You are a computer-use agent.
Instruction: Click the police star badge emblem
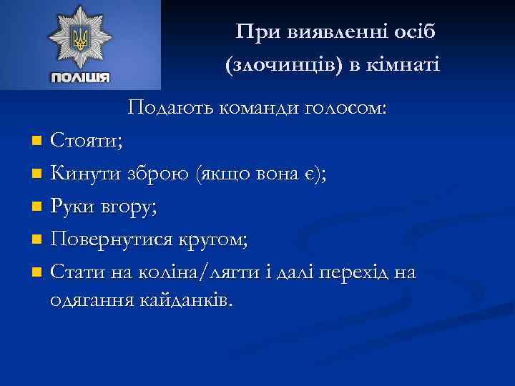pyautogui.click(x=80, y=38)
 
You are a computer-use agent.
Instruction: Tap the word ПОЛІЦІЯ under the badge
pyautogui.click(x=80, y=77)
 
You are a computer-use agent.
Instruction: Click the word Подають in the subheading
pyautogui.click(x=167, y=109)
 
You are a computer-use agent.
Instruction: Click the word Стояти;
pyautogui.click(x=86, y=140)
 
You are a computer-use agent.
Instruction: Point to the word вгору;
pyautogui.click(x=129, y=207)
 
